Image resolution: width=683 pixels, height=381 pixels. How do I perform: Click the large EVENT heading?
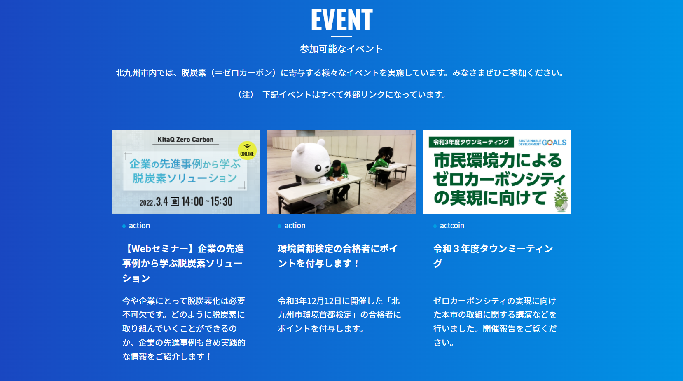[x=341, y=20]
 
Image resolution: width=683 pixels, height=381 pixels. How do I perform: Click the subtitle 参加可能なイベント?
[x=341, y=49]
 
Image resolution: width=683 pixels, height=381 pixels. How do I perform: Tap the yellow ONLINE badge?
[x=247, y=151]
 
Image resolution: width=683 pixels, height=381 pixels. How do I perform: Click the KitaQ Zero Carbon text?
[x=185, y=140]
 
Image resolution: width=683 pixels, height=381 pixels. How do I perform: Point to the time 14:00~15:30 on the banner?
[x=207, y=201]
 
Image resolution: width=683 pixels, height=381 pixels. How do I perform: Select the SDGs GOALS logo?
[x=543, y=143]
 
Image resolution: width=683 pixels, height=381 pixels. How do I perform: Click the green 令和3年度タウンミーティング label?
[x=471, y=142]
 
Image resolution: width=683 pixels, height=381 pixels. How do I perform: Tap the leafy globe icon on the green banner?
[x=561, y=200]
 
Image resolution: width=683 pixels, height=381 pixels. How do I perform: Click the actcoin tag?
[x=452, y=226]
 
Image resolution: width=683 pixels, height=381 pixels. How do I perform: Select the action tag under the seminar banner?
[x=139, y=226]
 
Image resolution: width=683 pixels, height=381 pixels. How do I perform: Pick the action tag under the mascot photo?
[x=295, y=226]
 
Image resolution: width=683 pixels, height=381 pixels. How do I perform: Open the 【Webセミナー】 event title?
[x=183, y=263]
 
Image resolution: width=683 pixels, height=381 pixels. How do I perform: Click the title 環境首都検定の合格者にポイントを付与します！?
[x=338, y=256]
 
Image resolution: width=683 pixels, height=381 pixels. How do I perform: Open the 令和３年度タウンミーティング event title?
[x=494, y=256]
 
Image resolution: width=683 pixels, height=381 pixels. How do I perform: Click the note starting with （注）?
[x=341, y=94]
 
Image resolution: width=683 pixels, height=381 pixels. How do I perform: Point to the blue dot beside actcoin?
[x=435, y=226]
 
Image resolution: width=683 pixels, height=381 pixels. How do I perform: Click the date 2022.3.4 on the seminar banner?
[x=154, y=202]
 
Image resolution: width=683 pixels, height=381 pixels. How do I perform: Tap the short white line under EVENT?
[x=341, y=37]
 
